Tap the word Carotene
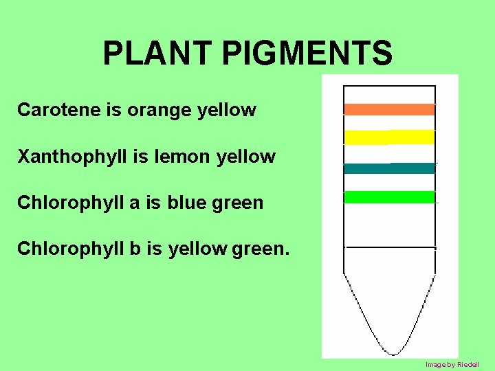[x=58, y=109]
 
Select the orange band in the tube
[x=389, y=109]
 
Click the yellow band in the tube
[x=389, y=137]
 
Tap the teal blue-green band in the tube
[x=389, y=168]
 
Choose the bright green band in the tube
[x=389, y=197]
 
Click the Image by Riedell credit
[x=452, y=364]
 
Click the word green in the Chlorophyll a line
[x=239, y=203]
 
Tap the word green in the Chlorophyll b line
[x=261, y=249]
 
